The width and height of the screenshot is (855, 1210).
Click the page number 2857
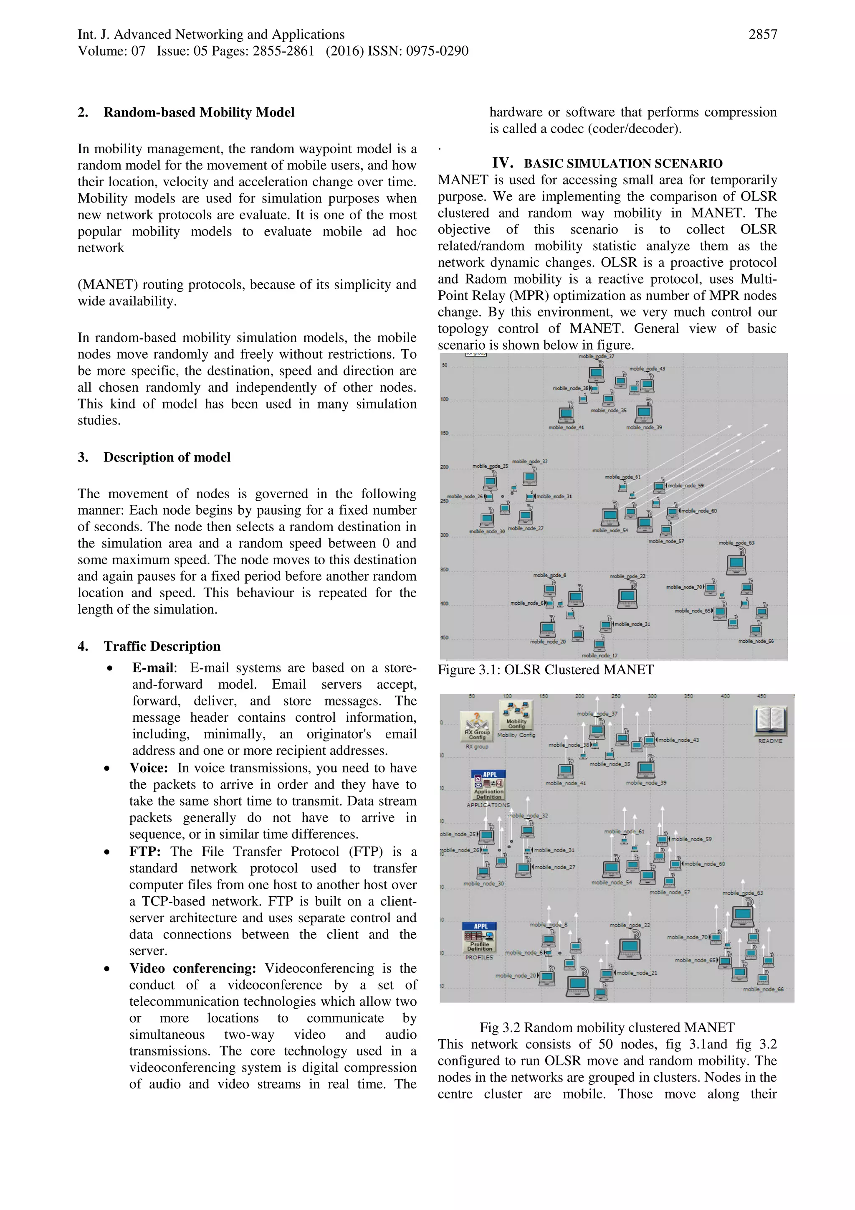762,35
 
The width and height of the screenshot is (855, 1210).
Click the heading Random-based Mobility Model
199,112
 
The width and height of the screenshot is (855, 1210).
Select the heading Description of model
167,457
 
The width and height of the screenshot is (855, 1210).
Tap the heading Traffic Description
162,646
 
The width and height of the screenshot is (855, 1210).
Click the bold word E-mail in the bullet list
152,668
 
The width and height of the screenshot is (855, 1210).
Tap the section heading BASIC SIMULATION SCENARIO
623,163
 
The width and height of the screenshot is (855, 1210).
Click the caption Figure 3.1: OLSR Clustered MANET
545,670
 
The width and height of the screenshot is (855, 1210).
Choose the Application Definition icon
488,785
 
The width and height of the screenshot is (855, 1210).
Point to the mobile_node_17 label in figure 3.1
600,655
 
